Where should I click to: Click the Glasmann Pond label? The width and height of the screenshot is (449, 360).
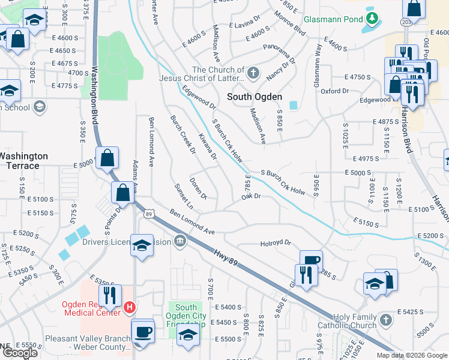pos(333,19)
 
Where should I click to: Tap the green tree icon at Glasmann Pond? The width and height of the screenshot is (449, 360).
pos(373,19)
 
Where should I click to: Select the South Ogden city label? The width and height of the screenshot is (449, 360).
pos(255,97)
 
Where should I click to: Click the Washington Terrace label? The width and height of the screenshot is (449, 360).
pos(22,161)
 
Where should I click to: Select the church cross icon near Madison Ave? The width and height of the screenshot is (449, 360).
pos(253,74)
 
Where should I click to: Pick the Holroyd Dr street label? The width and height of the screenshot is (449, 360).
pos(276,243)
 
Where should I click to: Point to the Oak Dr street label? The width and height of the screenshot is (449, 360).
pos(250,196)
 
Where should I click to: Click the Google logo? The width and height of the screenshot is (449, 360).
pos(20,353)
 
